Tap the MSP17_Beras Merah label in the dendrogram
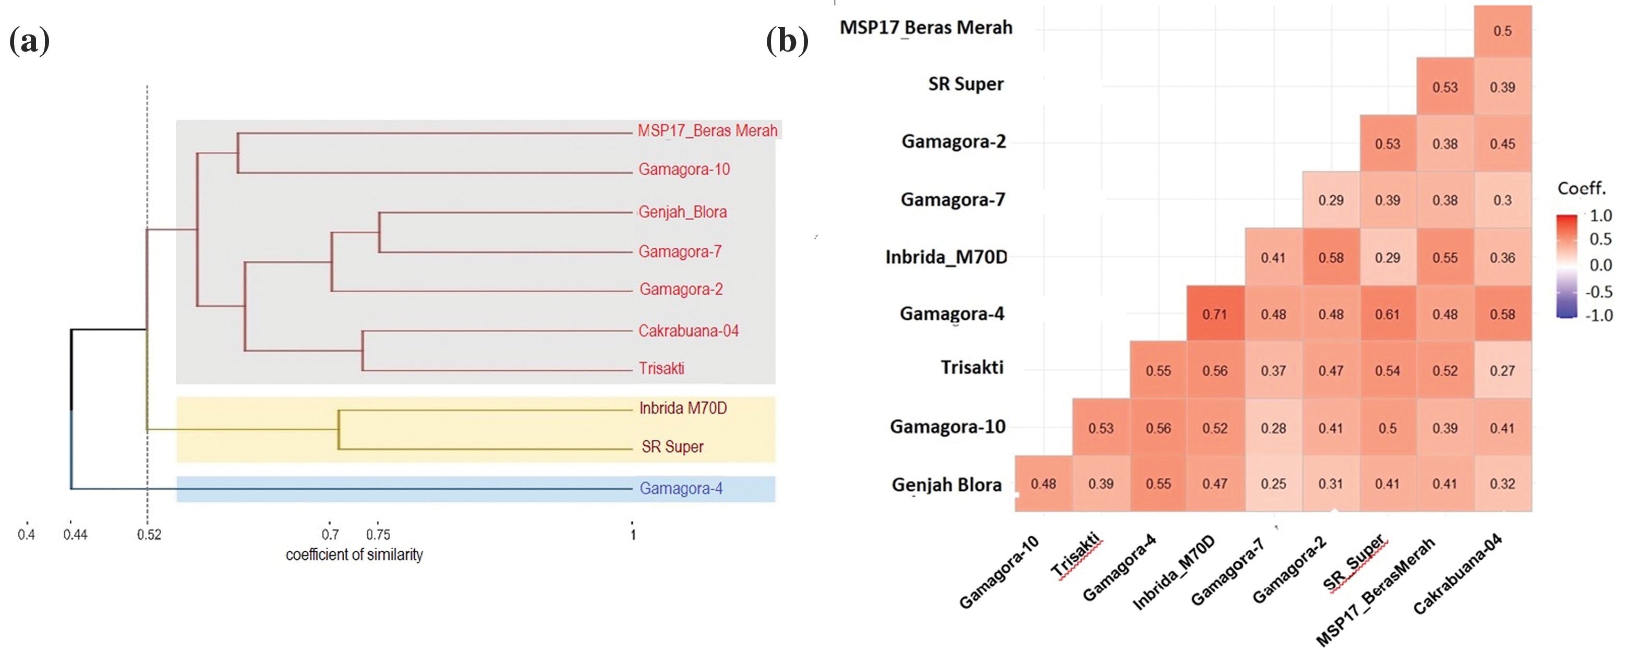(707, 131)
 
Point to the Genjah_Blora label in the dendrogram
(682, 212)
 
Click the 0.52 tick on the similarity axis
(149, 534)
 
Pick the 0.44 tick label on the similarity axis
(75, 534)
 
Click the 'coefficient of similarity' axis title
(354, 555)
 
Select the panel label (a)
(30, 42)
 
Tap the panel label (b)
(787, 42)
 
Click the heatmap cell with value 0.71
(1215, 315)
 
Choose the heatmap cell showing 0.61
(1387, 315)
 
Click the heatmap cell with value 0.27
(1502, 371)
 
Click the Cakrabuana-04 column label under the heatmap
(1457, 574)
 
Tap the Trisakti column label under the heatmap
(1076, 555)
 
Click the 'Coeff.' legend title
(1582, 189)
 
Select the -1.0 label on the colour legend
(1599, 316)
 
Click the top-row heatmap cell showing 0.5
(1502, 31)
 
